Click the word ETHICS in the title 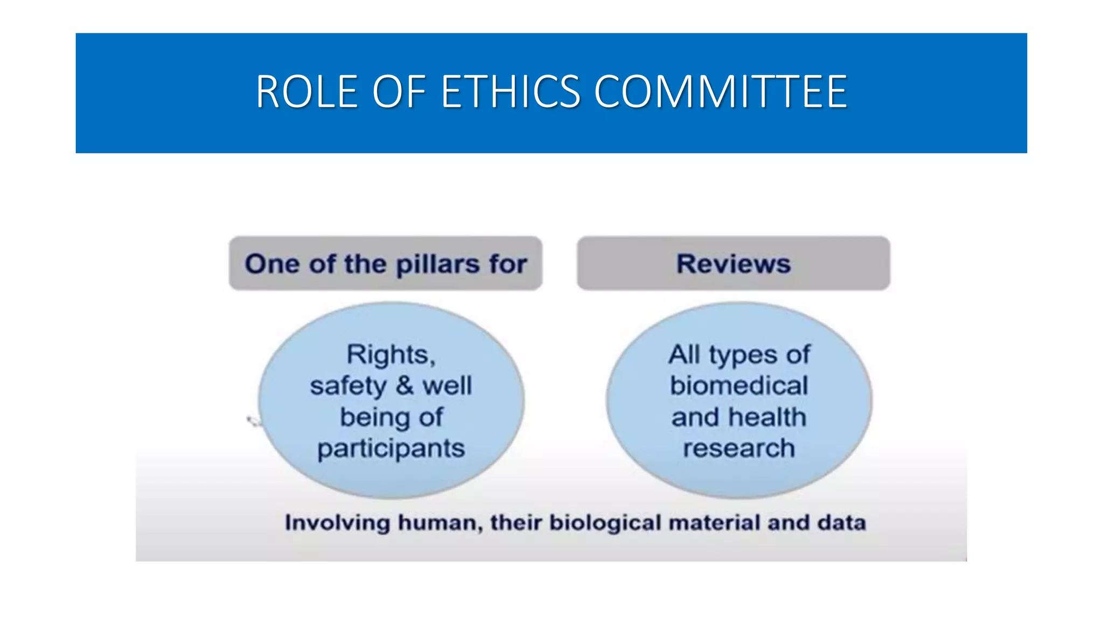510,92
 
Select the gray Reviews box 733,264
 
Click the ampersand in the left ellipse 404,385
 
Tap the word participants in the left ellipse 391,449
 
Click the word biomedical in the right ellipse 739,386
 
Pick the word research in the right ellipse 739,448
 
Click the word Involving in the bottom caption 337,523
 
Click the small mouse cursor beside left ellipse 252,420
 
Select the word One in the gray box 272,264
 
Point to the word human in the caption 439,523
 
